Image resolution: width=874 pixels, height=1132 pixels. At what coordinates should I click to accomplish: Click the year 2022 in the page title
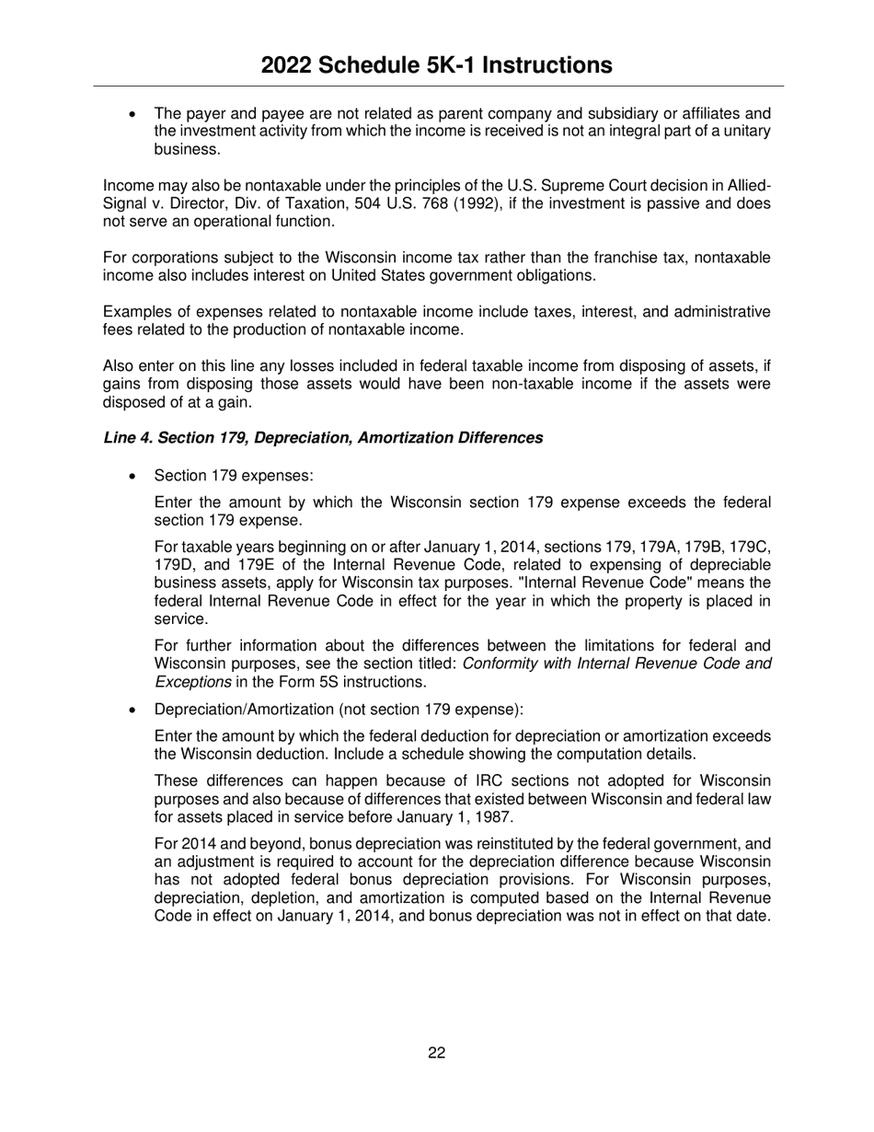(289, 65)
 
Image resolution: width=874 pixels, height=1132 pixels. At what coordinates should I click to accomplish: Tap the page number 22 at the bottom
(437, 1053)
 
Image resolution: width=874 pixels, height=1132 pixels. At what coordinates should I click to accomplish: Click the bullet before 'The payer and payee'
(134, 114)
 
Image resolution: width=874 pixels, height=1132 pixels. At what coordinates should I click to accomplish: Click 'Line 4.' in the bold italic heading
(128, 438)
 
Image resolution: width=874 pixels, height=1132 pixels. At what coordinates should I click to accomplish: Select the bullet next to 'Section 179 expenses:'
(134, 477)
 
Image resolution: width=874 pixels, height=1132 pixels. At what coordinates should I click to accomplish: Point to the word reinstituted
(521, 844)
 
